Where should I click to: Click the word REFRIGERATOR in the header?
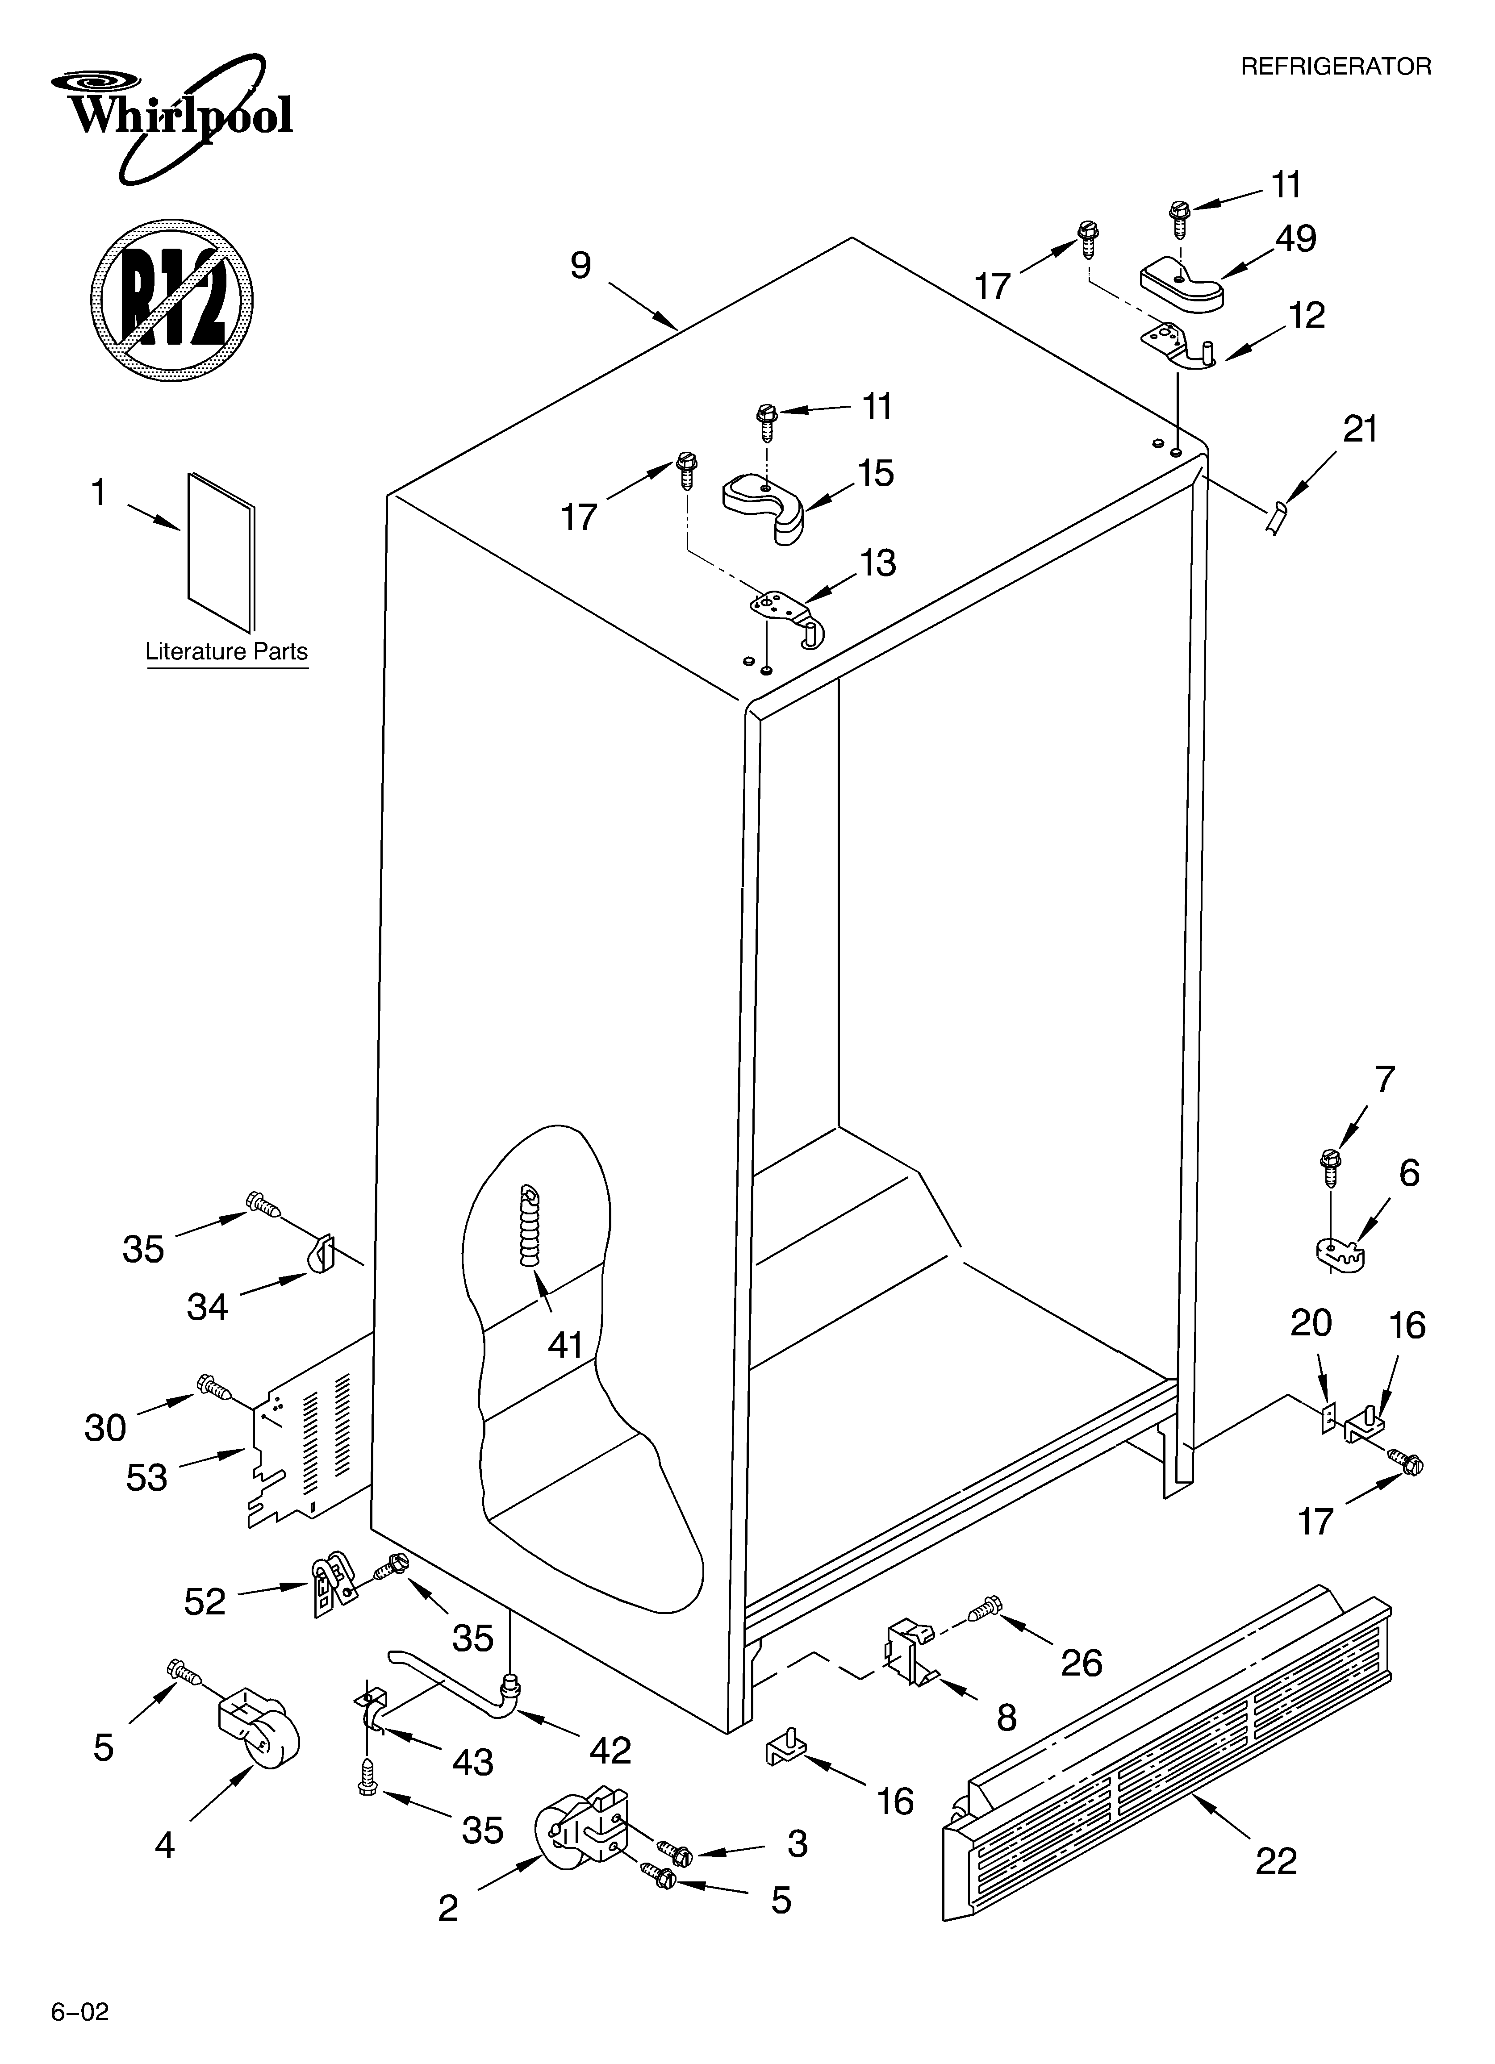tap(1336, 67)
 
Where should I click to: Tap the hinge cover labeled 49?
tap(1182, 283)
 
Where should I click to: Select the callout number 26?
tap(1082, 1663)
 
